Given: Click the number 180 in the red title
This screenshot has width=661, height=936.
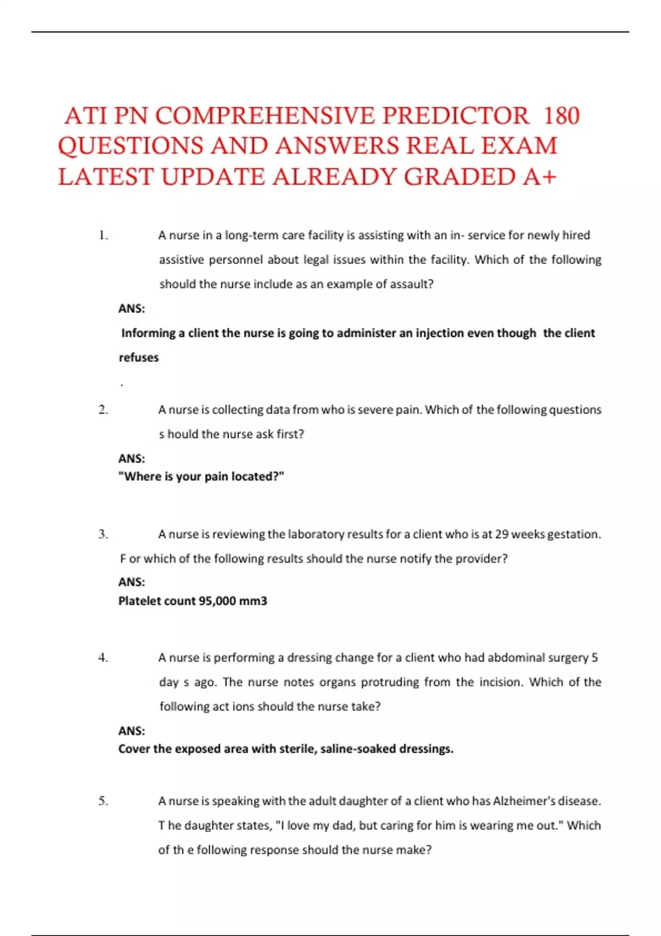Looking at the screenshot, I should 561,116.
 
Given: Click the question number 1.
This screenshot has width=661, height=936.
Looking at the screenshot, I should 103,235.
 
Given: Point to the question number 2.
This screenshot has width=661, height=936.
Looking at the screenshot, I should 103,410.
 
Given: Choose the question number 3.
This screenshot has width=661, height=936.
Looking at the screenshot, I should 103,534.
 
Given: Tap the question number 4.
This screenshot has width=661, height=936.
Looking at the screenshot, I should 103,657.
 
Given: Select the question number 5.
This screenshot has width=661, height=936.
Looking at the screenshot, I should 103,801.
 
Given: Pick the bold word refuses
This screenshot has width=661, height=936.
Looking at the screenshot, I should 139,357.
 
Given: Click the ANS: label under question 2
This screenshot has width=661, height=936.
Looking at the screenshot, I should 132,458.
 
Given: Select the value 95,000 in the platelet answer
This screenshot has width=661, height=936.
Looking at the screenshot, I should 218,601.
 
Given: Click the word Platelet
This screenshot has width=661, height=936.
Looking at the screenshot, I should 139,601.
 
